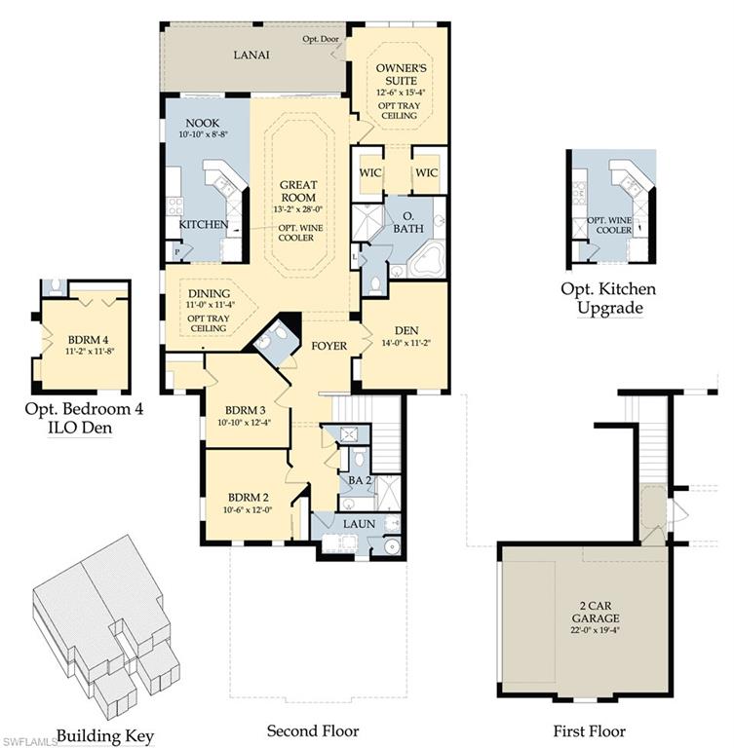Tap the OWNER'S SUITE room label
[x=403, y=75]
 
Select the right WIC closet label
[x=428, y=172]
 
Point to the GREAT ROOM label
[x=300, y=190]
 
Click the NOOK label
[x=204, y=124]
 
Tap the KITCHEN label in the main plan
[x=203, y=224]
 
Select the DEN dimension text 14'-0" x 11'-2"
[x=404, y=343]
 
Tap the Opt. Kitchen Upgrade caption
[x=607, y=299]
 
